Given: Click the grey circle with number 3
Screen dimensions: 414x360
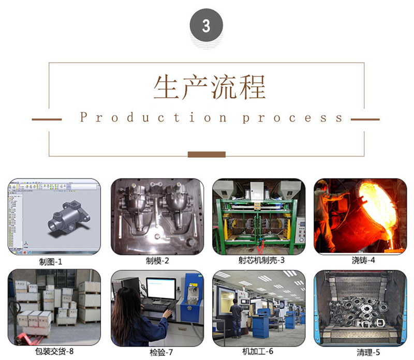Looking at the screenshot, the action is [206, 25].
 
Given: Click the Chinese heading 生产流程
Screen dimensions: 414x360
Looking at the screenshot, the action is [210, 87].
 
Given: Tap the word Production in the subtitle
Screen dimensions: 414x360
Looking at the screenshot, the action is [153, 117].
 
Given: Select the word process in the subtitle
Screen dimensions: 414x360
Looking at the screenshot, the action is [292, 118].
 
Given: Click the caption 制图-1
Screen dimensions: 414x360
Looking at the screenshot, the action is [51, 262].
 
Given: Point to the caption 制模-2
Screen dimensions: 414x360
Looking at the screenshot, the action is [157, 261].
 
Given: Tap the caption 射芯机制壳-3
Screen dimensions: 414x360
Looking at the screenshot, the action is [261, 260].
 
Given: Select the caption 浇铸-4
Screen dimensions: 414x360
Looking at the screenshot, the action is [363, 260].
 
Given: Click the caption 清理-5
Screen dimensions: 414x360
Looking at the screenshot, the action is [368, 352].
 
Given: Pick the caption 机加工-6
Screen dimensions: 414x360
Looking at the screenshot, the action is [258, 351].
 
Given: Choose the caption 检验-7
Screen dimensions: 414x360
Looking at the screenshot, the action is [161, 352].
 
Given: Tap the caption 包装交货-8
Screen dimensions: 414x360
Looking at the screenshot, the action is [54, 351].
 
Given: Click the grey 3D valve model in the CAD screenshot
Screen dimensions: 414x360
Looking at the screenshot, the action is [69, 218].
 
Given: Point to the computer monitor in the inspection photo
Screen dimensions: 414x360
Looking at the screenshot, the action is [161, 290].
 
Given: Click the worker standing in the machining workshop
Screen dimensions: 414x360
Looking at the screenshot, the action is [236, 318].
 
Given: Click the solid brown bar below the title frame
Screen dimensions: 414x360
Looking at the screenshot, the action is [206, 155].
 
